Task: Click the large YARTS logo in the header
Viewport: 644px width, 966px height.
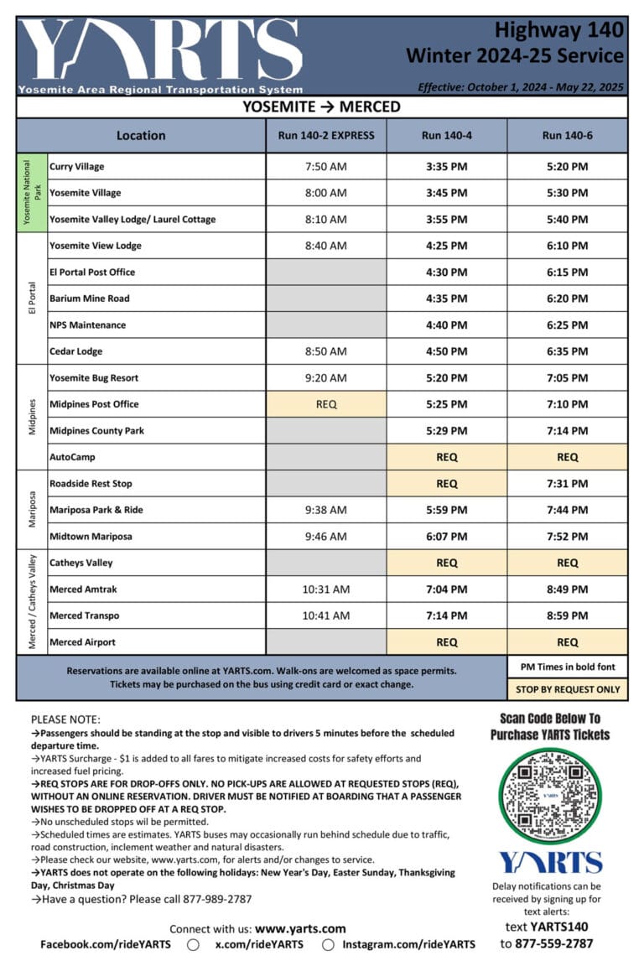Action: tap(159, 50)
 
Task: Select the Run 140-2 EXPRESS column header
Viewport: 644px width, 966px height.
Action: tap(326, 135)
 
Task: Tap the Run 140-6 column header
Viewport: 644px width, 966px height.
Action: tap(567, 135)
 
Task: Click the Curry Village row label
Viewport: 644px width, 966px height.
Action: tap(77, 166)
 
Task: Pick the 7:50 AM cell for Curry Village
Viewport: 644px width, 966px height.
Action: tap(326, 166)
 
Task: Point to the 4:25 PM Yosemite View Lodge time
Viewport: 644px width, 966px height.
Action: tap(447, 246)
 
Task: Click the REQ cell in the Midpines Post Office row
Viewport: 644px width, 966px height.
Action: tap(326, 404)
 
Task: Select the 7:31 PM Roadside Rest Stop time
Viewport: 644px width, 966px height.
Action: tap(567, 484)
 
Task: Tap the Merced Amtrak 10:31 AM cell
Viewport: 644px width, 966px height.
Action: tap(326, 589)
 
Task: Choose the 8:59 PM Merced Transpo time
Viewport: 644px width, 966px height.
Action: tap(567, 615)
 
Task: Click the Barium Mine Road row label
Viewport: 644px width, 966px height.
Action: tap(90, 299)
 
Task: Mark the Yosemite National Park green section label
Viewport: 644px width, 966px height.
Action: tap(31, 193)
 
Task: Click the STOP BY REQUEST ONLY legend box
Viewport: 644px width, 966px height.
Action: tap(567, 689)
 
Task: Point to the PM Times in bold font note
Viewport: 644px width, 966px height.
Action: tap(567, 667)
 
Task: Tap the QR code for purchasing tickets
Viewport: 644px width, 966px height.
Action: tap(549, 795)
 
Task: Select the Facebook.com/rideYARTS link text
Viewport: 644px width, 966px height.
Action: tap(106, 944)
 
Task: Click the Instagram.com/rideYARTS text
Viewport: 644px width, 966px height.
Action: tap(408, 944)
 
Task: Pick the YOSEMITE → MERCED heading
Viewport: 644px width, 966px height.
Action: tap(321, 106)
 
